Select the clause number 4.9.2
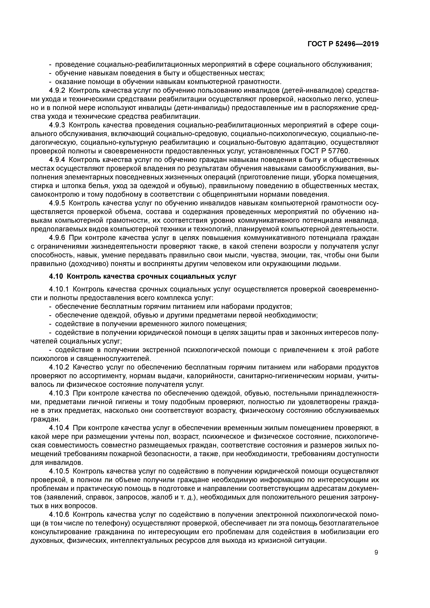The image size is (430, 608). coord(57,91)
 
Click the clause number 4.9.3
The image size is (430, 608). coord(57,125)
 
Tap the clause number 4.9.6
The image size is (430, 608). coord(57,238)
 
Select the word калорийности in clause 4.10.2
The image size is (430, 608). coord(205,376)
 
